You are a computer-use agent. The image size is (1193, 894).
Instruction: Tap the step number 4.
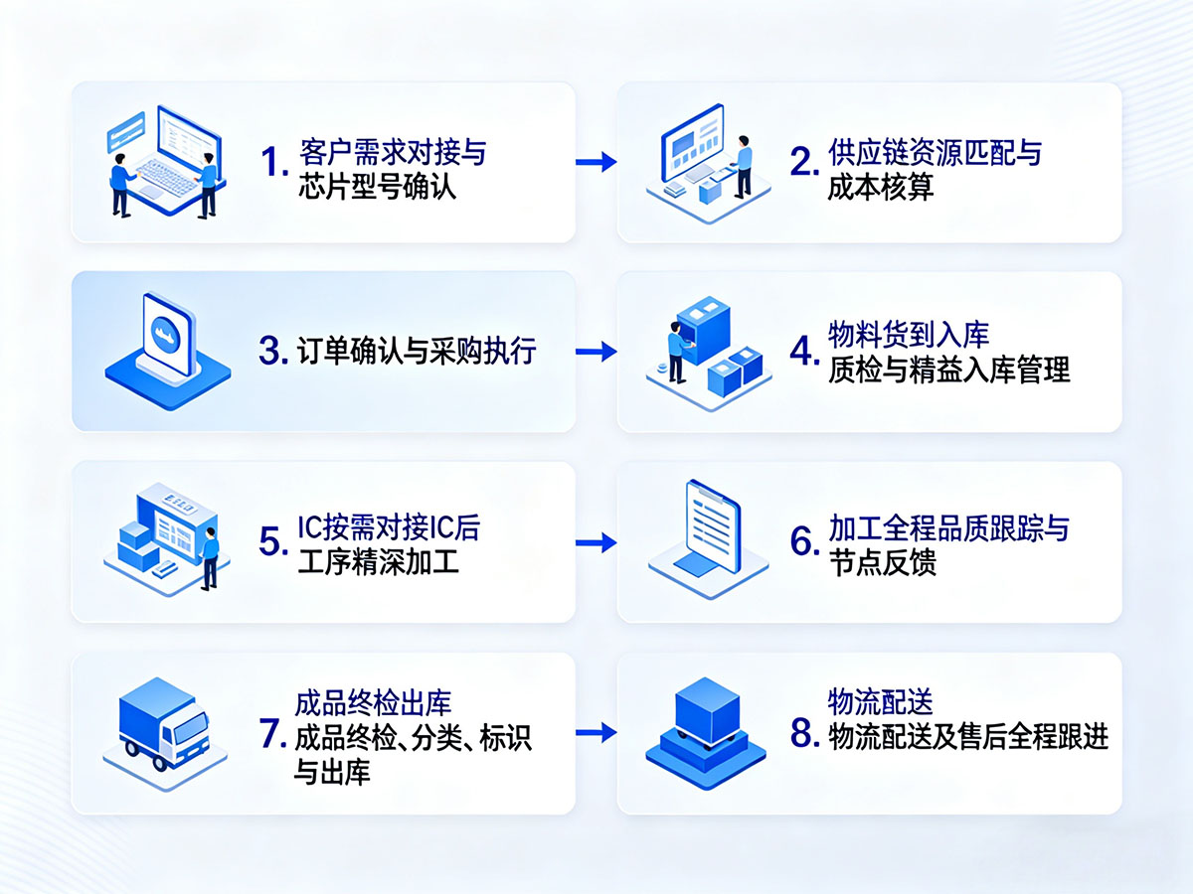pos(804,352)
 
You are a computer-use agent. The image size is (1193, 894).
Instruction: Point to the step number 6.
pos(804,542)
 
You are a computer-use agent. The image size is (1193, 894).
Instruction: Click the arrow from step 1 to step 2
pos(596,162)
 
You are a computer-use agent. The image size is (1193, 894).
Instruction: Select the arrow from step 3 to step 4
pos(596,352)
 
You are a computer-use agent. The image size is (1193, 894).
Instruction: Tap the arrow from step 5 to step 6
pos(596,542)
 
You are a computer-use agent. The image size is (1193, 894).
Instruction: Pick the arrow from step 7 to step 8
pos(596,734)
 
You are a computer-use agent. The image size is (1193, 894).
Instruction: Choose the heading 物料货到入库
pos(909,334)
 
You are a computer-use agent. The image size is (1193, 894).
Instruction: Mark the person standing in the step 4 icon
pos(677,356)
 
